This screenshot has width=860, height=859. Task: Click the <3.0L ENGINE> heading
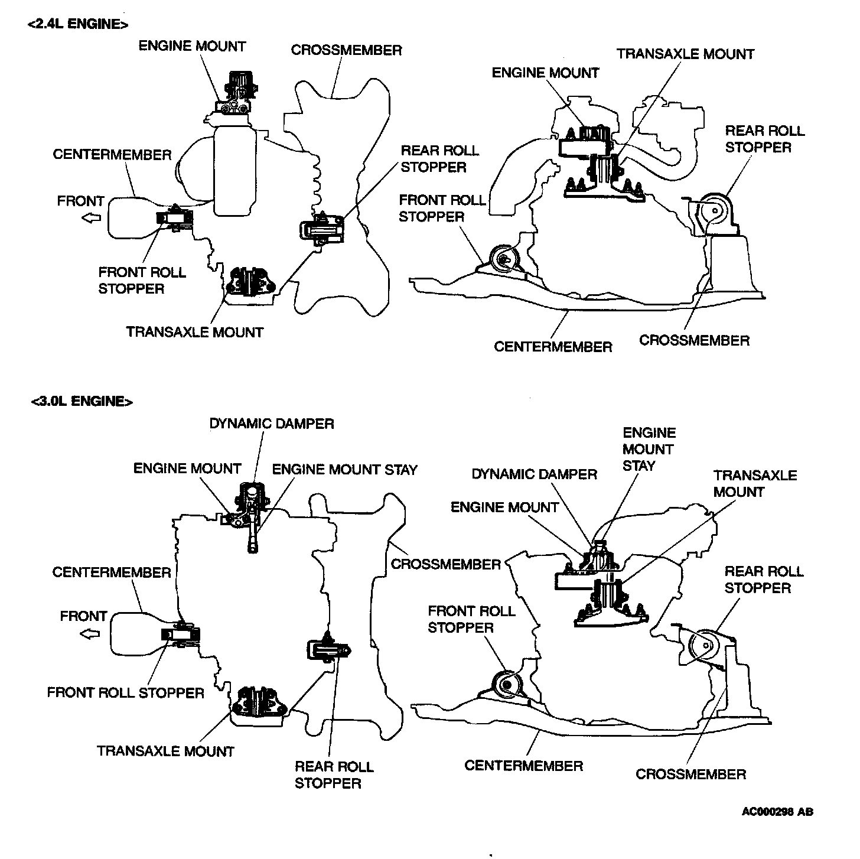(82, 402)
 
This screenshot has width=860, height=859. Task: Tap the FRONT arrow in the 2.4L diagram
(90, 218)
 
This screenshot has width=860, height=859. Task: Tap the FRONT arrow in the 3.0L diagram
(90, 635)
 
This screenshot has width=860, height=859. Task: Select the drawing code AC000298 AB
(777, 812)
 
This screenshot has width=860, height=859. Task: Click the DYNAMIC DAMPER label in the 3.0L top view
(272, 424)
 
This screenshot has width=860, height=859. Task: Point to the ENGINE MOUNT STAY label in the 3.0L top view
(344, 470)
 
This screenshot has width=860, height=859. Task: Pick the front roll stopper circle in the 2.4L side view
(504, 258)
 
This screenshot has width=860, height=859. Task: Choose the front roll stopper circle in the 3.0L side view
(506, 685)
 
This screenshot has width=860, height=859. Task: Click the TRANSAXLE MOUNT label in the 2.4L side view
(685, 54)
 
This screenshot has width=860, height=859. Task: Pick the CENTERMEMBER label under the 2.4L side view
(553, 347)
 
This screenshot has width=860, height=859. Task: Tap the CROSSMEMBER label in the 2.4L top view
(346, 50)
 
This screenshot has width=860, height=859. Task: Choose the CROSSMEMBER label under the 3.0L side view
(690, 774)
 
